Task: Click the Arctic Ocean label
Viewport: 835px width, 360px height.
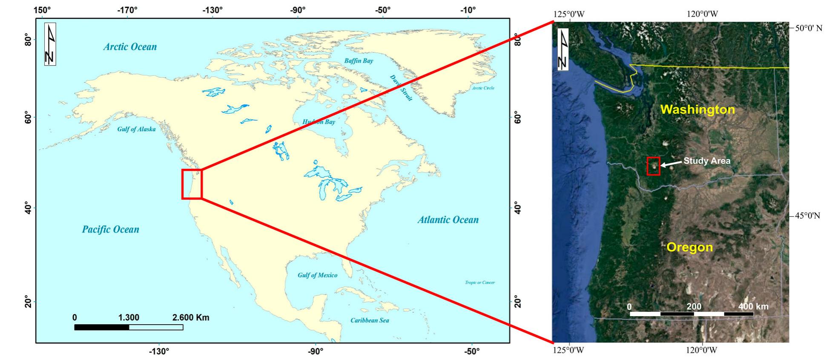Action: tap(130, 47)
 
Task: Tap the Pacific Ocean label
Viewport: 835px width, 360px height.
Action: tap(110, 230)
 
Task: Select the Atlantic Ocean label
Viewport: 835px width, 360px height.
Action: tap(448, 220)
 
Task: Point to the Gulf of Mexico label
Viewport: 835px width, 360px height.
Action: tap(317, 275)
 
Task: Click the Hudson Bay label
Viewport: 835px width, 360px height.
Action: tap(319, 122)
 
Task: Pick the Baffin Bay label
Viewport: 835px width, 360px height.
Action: tap(359, 61)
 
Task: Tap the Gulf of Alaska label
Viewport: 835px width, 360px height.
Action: tap(136, 129)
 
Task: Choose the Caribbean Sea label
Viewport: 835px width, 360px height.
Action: tap(370, 320)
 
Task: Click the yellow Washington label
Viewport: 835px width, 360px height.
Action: tap(697, 110)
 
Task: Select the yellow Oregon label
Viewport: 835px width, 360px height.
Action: tap(689, 247)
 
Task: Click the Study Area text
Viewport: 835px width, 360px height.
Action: tap(707, 161)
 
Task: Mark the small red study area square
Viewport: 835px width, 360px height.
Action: tap(653, 166)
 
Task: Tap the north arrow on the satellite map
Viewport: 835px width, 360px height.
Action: tap(562, 50)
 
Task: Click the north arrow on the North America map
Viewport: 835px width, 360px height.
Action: tap(50, 45)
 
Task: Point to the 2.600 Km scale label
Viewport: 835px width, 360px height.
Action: tap(190, 317)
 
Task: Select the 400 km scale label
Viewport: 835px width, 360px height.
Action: tap(753, 306)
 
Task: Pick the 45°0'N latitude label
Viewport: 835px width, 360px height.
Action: tap(807, 216)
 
